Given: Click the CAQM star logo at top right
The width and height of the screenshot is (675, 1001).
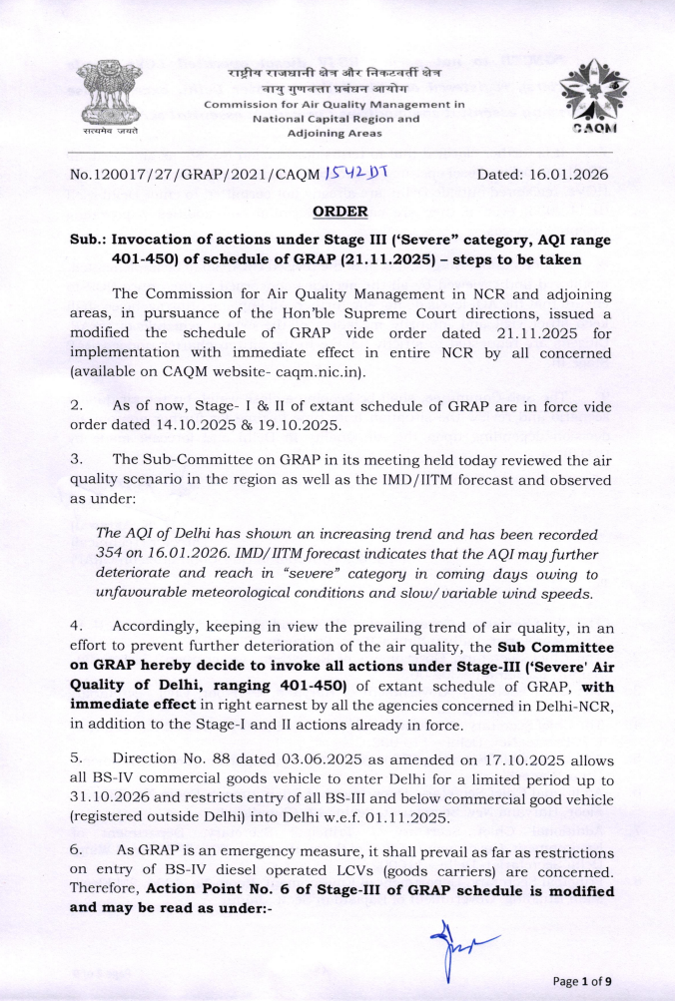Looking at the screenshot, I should [x=593, y=97].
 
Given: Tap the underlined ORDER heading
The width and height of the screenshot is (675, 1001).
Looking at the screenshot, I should [x=340, y=212].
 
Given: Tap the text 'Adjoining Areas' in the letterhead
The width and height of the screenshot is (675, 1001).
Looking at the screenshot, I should [x=334, y=133].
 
